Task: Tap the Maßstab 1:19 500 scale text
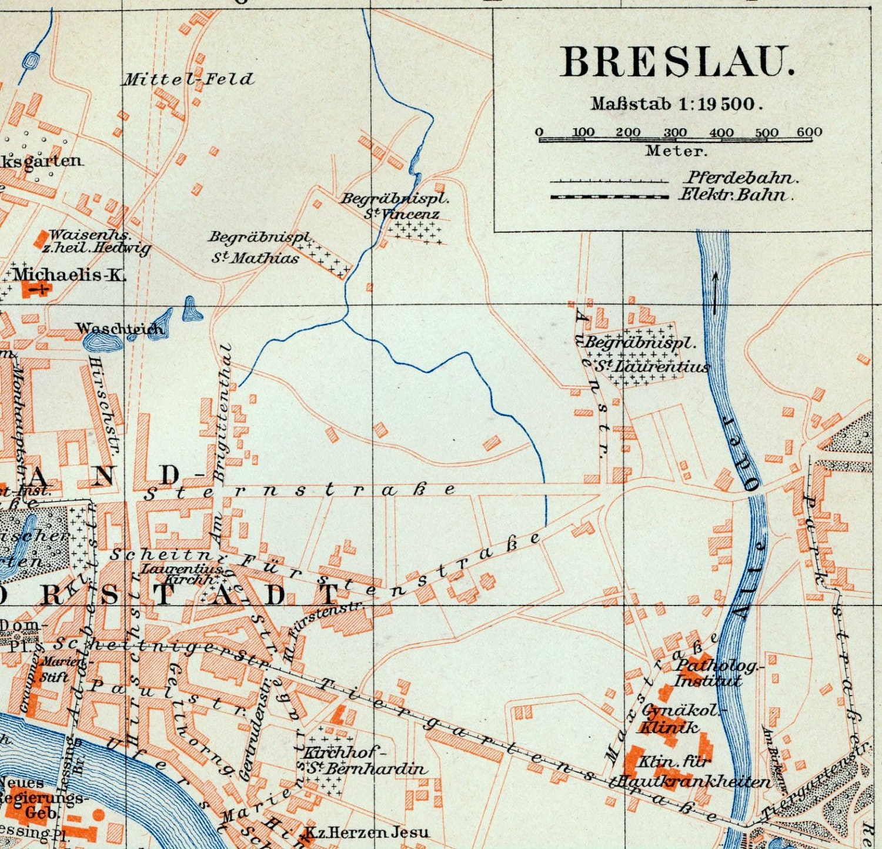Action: (676, 104)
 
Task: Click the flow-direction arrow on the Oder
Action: (715, 292)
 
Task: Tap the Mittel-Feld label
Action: (188, 79)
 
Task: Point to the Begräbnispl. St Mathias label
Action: (259, 247)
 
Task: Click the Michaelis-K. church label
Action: (69, 275)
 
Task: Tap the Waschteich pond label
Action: (119, 329)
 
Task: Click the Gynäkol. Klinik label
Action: (676, 718)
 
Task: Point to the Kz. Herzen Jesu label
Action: (366, 833)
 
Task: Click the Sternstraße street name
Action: (300, 490)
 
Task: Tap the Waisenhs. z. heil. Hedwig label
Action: (94, 242)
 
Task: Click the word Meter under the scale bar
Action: (676, 151)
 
